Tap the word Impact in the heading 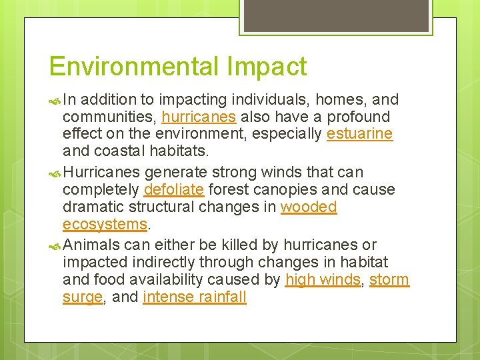click(x=267, y=67)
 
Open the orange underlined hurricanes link click(x=199, y=117)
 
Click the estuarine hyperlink click(x=359, y=133)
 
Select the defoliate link click(x=173, y=189)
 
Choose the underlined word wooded click(x=309, y=207)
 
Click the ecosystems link click(x=105, y=223)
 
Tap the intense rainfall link click(x=195, y=297)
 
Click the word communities click(x=109, y=117)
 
